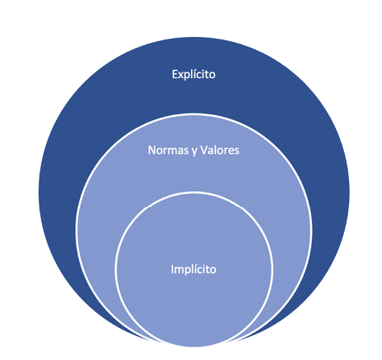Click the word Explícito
(193, 74)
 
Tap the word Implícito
(193, 269)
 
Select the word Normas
(168, 150)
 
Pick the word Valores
(219, 150)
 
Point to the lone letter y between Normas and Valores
(194, 151)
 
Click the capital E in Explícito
(175, 74)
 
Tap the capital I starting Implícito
(172, 269)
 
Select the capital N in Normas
(152, 150)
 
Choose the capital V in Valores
(204, 150)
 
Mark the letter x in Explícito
(181, 76)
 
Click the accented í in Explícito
(195, 74)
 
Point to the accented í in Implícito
(196, 269)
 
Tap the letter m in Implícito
(180, 271)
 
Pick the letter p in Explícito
(188, 77)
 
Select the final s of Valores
(236, 151)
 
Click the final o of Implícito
(213, 271)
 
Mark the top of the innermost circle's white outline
(194, 192)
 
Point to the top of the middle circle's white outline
(194, 114)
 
